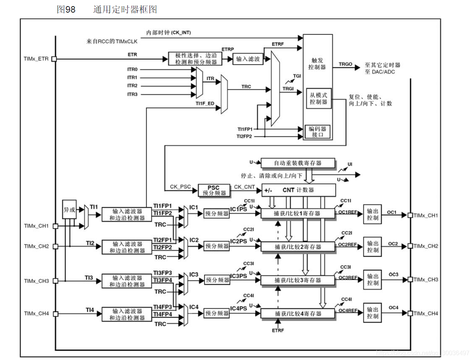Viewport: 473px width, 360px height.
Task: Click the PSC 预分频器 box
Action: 214,190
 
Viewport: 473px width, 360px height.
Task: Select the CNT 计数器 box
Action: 298,190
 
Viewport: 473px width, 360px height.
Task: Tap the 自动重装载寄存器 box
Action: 297,163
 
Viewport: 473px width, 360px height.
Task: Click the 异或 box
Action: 69,210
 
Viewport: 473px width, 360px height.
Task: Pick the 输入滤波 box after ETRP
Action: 248,59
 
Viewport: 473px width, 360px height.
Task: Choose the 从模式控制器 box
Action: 318,98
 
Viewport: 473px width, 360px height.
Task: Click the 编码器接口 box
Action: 317,132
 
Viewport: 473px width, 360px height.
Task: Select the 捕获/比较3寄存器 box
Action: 298,280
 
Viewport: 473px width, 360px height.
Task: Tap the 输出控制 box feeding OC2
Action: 372,247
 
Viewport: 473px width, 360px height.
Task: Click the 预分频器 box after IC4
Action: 217,313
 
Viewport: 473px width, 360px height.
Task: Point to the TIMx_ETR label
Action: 36,59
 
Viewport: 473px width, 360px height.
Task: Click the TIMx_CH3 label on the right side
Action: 426,279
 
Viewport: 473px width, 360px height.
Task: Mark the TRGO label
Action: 345,65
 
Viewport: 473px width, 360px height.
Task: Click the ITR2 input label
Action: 132,86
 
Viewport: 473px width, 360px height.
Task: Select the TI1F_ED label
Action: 205,103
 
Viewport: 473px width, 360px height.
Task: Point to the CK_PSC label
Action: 180,186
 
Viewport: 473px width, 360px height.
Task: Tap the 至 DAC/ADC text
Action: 380,72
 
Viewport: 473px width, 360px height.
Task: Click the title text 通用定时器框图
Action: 125,10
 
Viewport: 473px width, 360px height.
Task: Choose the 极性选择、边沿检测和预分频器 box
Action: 195,59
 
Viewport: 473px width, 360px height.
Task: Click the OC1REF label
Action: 348,212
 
